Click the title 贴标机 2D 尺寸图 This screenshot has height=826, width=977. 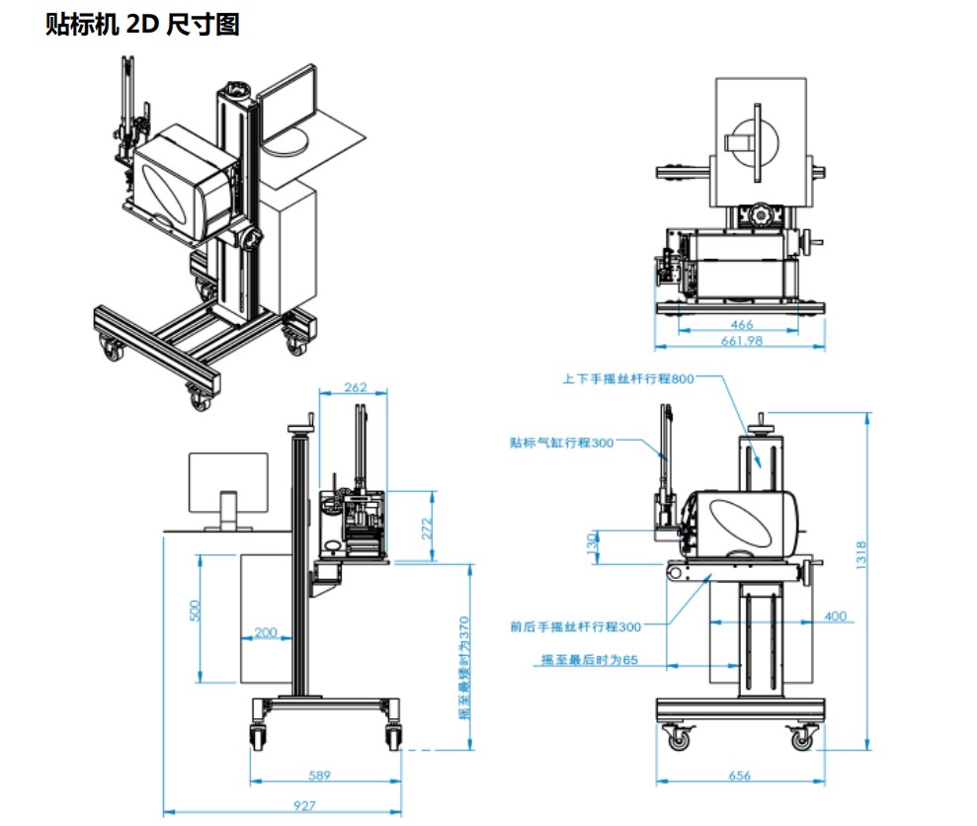pos(142,25)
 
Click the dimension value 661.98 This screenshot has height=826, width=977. pos(741,341)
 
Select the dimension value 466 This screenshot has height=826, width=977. pos(741,324)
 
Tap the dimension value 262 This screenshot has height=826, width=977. pos(356,387)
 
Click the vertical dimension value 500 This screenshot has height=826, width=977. pos(195,612)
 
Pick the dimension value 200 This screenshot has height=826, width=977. pos(266,632)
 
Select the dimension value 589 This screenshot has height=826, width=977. pos(318,775)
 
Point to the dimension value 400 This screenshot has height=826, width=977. pos(835,616)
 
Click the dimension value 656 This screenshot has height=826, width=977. pos(738,776)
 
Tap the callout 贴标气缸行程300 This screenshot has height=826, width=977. pos(561,443)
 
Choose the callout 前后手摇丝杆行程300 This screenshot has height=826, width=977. pos(576,625)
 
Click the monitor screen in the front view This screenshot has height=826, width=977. pos(228,481)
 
